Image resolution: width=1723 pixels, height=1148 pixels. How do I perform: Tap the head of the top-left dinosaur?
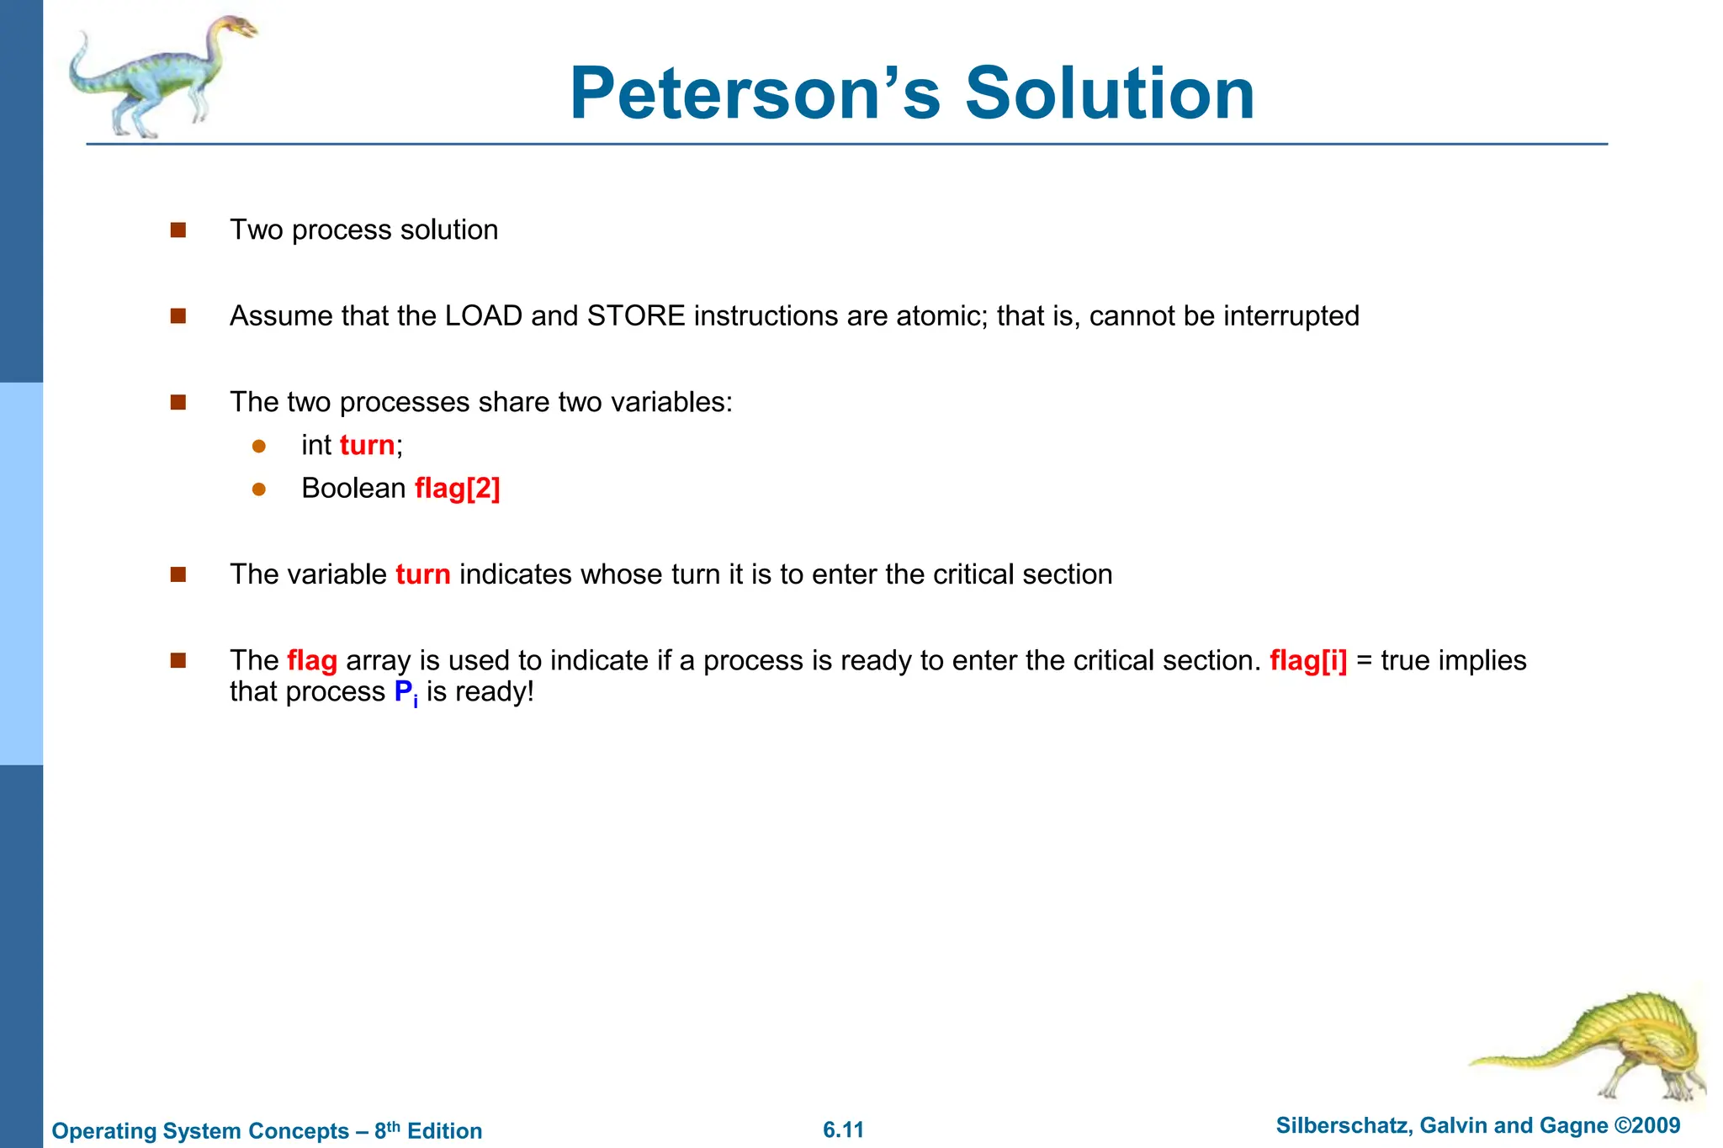pyautogui.click(x=239, y=28)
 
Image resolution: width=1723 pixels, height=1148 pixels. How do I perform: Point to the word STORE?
pyautogui.click(x=636, y=316)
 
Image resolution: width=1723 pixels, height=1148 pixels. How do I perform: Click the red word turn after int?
pyautogui.click(x=367, y=445)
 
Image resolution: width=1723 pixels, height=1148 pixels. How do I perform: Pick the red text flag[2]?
pyautogui.click(x=457, y=489)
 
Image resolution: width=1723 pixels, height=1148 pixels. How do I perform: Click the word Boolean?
pyautogui.click(x=353, y=489)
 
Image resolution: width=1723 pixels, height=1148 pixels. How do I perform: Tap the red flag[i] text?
pyautogui.click(x=1307, y=661)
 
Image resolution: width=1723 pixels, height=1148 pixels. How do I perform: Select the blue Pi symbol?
pyautogui.click(x=406, y=693)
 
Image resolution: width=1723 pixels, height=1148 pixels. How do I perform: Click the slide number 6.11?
pyautogui.click(x=843, y=1129)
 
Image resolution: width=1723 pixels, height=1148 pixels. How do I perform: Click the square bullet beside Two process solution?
pyautogui.click(x=178, y=230)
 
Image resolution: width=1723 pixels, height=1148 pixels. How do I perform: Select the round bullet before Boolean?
pyautogui.click(x=259, y=489)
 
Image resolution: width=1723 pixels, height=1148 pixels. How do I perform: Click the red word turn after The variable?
pyautogui.click(x=422, y=574)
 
